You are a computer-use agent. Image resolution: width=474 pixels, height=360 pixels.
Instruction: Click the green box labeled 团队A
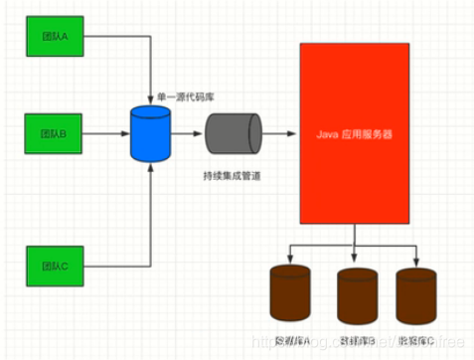click(55, 39)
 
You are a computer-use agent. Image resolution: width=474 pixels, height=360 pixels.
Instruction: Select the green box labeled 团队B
click(55, 132)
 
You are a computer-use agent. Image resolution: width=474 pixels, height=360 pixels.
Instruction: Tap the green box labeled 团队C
click(55, 267)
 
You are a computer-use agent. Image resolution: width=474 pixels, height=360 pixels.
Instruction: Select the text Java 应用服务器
click(355, 132)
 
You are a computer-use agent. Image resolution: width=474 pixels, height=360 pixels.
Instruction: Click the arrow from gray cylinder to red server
click(280, 132)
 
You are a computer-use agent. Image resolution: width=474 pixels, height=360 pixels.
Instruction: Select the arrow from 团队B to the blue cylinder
click(109, 132)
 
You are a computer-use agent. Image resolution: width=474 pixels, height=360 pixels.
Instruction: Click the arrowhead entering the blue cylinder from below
click(151, 167)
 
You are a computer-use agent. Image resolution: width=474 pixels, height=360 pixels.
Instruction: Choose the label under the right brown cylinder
click(417, 341)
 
